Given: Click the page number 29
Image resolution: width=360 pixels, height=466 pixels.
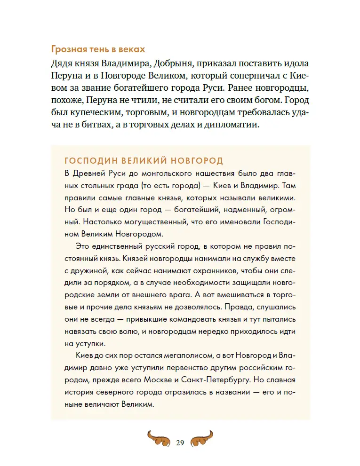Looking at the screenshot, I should point(180,442).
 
